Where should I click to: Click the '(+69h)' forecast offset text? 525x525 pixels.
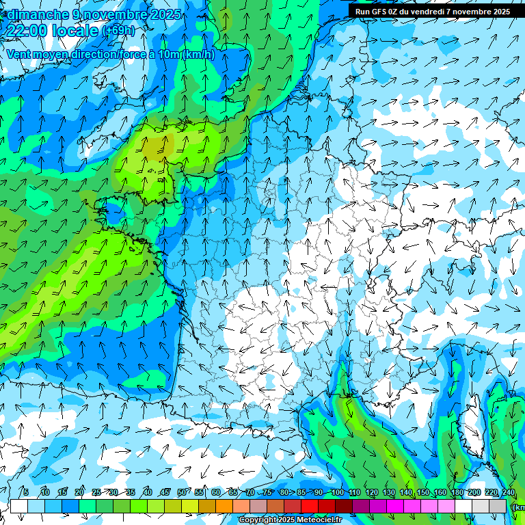click(118, 31)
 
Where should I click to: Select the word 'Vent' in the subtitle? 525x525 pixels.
click(20, 55)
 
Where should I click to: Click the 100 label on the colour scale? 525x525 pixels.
click(337, 493)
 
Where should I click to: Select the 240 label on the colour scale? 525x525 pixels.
click(508, 493)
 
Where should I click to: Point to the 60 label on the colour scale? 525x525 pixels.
click(216, 493)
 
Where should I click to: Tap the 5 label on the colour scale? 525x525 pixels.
click(26, 493)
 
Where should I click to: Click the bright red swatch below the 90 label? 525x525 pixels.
click(310, 506)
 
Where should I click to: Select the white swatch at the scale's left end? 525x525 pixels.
click(18, 506)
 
